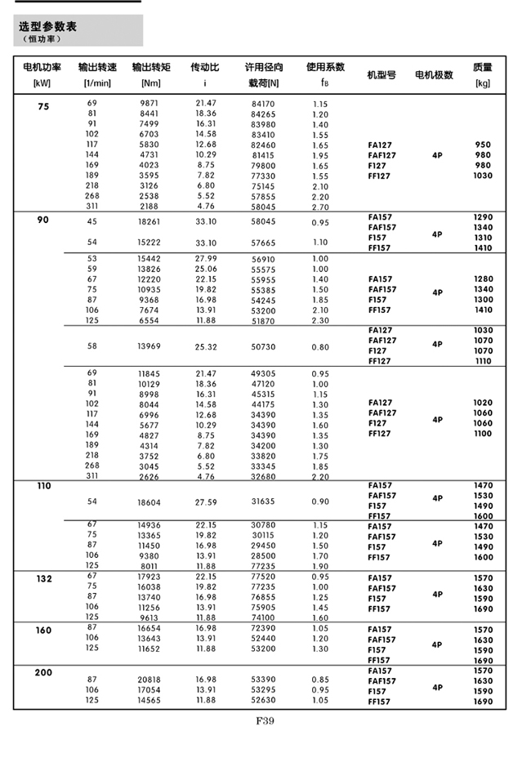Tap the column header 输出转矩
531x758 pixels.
[x=150, y=67]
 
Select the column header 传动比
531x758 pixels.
[x=204, y=67]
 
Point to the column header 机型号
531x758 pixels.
[x=382, y=74]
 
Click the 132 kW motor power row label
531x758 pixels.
[x=44, y=578]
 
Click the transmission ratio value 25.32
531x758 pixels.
[x=206, y=346]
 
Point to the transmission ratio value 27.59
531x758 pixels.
[x=206, y=502]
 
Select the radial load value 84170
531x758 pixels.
[x=263, y=104]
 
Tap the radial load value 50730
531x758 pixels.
[x=263, y=346]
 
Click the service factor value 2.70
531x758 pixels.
[x=319, y=207]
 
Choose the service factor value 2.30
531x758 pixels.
[x=319, y=321]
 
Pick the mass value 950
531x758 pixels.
[x=483, y=145]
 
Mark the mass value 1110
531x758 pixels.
[x=483, y=361]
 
